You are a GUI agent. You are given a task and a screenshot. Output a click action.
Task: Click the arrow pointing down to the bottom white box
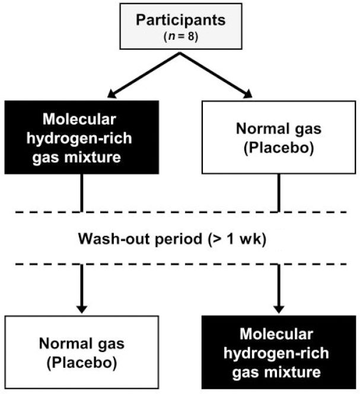click(82, 291)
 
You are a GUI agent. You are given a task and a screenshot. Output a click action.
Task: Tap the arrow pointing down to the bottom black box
click(279, 291)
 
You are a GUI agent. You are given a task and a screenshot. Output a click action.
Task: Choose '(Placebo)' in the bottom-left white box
click(81, 361)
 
